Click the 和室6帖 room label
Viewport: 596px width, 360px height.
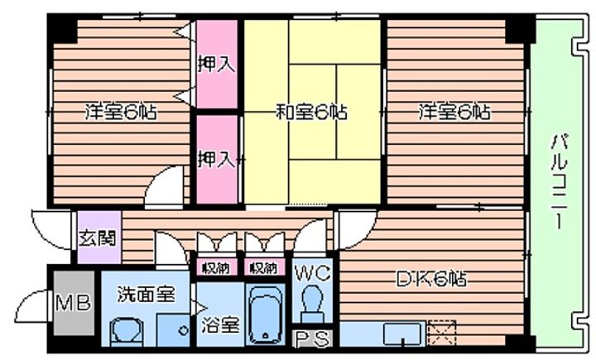point(310,110)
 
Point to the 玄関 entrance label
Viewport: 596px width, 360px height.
point(98,238)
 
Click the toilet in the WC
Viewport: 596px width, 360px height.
point(313,301)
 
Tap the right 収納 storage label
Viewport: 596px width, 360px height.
point(264,267)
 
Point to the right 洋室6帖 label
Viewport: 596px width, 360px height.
point(453,110)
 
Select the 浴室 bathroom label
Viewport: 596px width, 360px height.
point(219,324)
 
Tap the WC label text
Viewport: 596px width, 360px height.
point(312,270)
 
